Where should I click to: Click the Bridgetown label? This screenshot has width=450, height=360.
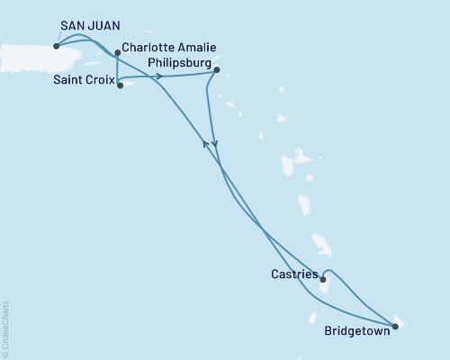pyautogui.click(x=356, y=330)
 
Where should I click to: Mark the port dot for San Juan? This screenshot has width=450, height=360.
pyautogui.click(x=58, y=46)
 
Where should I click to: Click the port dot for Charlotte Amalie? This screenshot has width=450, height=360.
pyautogui.click(x=117, y=53)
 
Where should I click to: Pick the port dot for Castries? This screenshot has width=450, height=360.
pyautogui.click(x=322, y=279)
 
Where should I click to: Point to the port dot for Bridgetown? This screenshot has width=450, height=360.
pyautogui.click(x=394, y=325)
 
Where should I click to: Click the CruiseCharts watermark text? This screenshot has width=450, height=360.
pyautogui.click(x=6, y=328)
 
